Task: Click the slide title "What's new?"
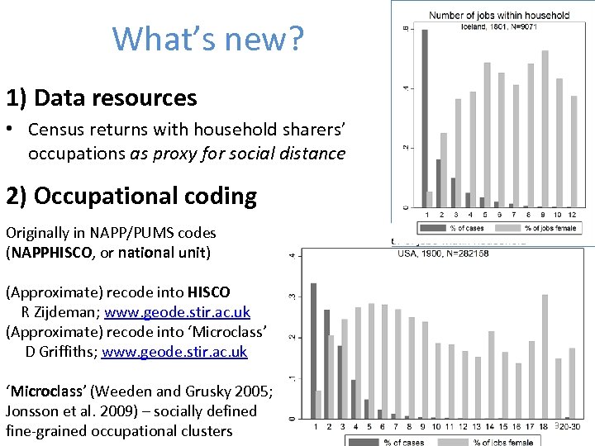click(x=208, y=39)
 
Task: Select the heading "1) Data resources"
click(x=102, y=98)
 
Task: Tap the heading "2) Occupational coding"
click(x=131, y=196)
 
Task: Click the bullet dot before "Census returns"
click(x=13, y=130)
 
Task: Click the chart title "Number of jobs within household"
click(x=499, y=15)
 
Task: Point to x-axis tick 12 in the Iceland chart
click(x=573, y=215)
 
